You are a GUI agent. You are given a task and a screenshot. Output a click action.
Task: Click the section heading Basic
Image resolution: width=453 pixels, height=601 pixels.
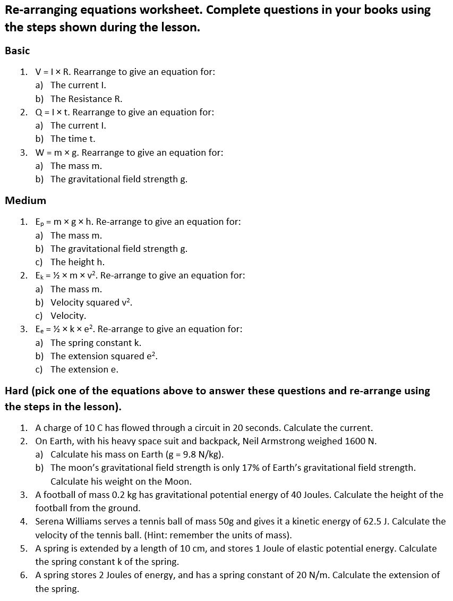pos(18,51)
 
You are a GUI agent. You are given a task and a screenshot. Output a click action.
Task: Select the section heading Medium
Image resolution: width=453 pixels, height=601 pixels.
pos(25,201)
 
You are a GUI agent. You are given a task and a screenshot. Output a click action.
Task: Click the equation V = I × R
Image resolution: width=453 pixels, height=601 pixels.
pos(53,72)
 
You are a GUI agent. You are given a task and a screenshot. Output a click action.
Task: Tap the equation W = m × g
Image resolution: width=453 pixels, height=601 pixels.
pos(57,153)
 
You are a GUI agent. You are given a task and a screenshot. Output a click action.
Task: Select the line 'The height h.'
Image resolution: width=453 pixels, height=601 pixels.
pos(78,262)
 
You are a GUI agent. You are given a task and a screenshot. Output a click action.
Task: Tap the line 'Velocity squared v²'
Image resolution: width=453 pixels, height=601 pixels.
pos(91,302)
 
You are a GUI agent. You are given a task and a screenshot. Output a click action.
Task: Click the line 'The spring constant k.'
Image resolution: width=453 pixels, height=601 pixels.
pos(96,343)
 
